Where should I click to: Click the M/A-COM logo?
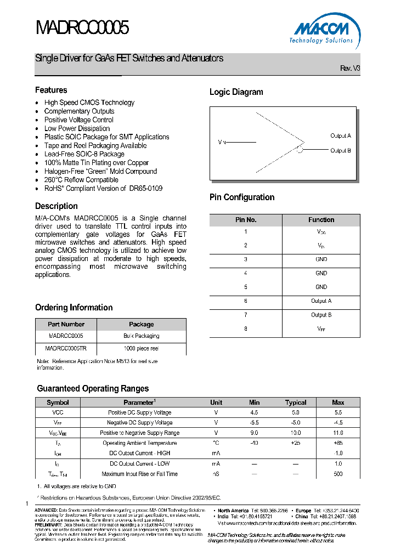pos(321,29)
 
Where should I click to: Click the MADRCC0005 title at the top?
pos(82,27)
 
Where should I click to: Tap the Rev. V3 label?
pos(350,69)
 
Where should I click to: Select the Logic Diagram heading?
pos(236,92)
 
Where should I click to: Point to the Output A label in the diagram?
pos(340,135)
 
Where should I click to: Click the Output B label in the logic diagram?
pos(340,150)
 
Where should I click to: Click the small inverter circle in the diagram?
pos(300,150)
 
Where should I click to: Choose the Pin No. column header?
pos(246,220)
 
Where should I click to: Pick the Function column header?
pos(321,220)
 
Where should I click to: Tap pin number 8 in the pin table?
pos(246,329)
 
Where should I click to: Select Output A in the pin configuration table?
pos(321,301)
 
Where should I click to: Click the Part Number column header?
pos(66,324)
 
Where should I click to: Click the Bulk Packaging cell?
pos(142,336)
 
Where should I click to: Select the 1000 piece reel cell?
pos(142,348)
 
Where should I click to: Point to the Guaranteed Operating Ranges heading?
pos(93,388)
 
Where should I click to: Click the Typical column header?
pos(296,403)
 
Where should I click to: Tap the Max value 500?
pos(338,474)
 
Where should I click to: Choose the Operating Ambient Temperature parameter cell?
pos(139,443)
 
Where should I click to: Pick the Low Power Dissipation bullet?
pos(77,128)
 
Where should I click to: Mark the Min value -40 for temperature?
pos(254,443)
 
